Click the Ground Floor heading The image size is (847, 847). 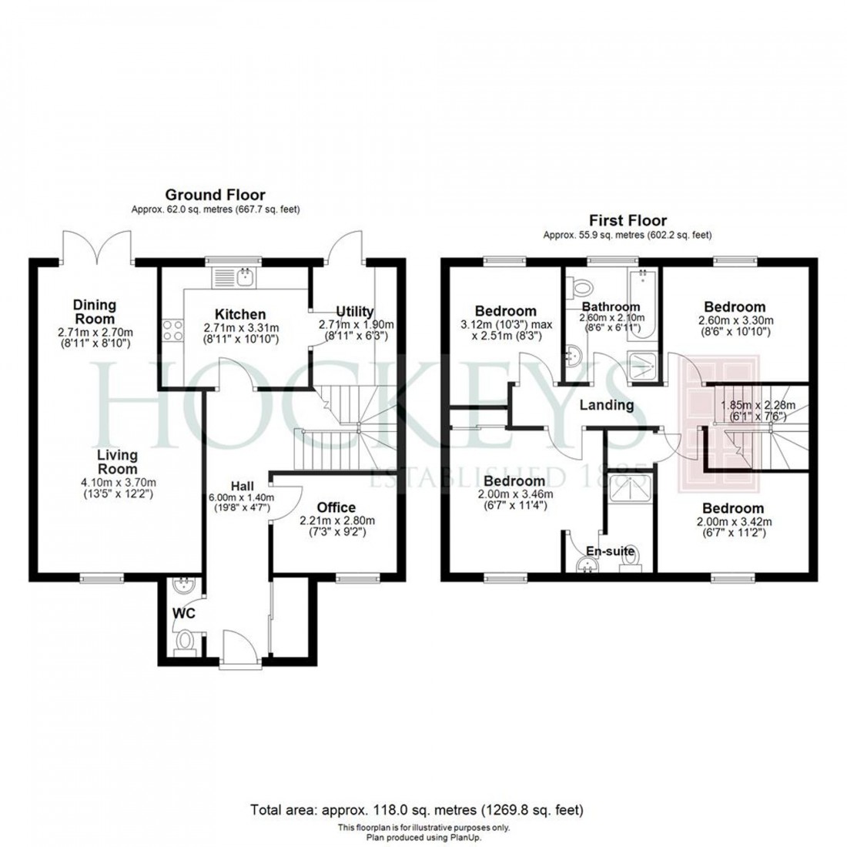pos(215,195)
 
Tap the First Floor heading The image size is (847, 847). pos(628,220)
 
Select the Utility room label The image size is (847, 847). pos(355,312)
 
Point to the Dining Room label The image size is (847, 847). pos(94,312)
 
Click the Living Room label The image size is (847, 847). pos(117,461)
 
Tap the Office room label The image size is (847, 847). pos(336,507)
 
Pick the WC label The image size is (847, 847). pos(183,614)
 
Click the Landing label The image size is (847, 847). pos(607,405)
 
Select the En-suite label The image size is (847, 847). pos(611,551)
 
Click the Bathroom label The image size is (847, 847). pos(611,306)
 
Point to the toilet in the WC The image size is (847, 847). pos(185,641)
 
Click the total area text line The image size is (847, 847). pos(417,809)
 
